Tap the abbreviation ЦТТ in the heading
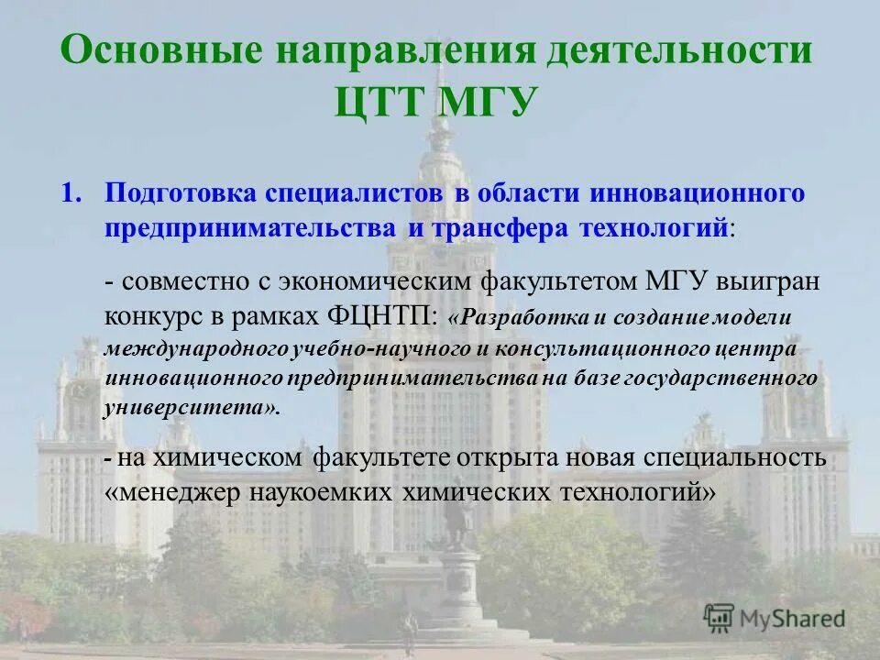pyautogui.click(x=380, y=100)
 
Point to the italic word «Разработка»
pyautogui.click(x=515, y=317)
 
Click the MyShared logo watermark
pyautogui.click(x=775, y=619)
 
